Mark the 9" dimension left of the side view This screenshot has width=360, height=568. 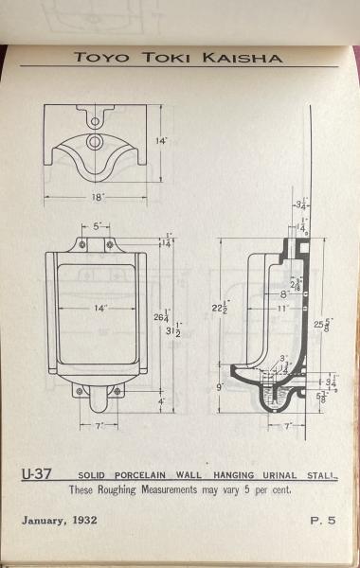(x=221, y=386)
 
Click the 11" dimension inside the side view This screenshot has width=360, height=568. (x=282, y=309)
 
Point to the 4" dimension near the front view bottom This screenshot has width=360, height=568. (x=162, y=401)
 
